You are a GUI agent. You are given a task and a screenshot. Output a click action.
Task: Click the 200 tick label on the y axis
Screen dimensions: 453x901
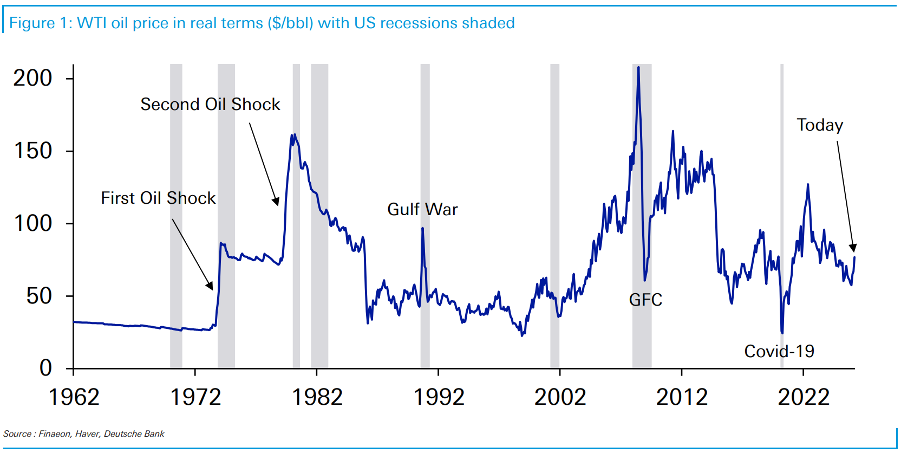(32, 78)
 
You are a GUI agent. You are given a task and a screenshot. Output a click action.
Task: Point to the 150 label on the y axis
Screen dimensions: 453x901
(32, 151)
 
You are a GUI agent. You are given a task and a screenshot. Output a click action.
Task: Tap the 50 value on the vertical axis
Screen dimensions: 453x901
(39, 296)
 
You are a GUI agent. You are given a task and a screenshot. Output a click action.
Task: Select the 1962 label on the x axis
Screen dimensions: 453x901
(74, 397)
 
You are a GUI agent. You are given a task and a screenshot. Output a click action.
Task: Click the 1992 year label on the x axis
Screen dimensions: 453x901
(439, 397)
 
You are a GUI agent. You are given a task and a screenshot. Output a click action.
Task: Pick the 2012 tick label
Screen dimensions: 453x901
(682, 397)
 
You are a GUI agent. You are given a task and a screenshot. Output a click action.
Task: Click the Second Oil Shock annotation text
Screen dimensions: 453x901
(210, 104)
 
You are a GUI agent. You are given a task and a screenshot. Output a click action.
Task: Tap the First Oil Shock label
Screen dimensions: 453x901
(158, 198)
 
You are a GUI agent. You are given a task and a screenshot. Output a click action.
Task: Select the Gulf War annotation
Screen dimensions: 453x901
(422, 209)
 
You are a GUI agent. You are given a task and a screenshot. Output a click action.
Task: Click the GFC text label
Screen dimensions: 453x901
(645, 300)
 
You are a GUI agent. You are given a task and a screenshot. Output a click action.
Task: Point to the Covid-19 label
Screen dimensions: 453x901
(779, 351)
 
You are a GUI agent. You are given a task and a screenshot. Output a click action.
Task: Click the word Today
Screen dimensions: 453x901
(820, 125)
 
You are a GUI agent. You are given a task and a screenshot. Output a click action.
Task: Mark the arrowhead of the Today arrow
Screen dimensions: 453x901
(853, 248)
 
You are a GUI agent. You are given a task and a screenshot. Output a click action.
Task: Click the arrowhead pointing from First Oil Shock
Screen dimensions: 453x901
(210, 286)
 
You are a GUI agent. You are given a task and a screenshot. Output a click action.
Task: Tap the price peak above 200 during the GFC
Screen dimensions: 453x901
(638, 68)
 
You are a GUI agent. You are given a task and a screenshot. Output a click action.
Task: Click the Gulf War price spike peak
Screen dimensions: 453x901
(422, 228)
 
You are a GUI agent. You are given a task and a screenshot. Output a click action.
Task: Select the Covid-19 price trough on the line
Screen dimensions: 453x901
(782, 333)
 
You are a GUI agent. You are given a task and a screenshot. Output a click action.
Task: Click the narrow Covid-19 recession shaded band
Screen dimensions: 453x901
(782, 163)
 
